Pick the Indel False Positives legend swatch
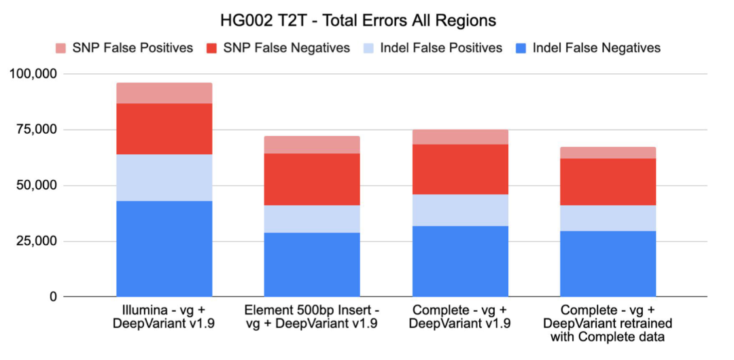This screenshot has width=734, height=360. coord(370,48)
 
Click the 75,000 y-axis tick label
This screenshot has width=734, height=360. coord(35,130)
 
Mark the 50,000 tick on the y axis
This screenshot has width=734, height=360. coord(35,185)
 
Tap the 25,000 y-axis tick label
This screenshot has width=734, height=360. coord(35,241)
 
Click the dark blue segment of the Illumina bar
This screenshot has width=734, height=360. coord(164,249)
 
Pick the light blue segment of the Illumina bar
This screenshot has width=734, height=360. coord(164,177)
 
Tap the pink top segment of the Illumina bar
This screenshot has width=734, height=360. coord(164,93)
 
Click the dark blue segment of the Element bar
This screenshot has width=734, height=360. coord(311,265)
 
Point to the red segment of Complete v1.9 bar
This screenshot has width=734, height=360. coord(459,169)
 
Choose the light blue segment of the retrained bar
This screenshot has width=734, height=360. coord(608,218)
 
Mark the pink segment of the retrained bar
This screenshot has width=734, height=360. coord(608,153)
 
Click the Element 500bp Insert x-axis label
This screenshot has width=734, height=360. coord(311,317)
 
